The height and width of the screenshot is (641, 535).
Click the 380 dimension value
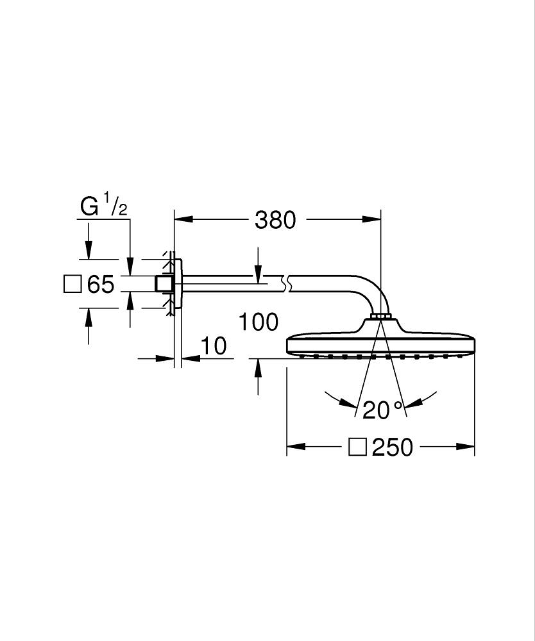pyautogui.click(x=275, y=220)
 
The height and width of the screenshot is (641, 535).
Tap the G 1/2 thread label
pyautogui.click(x=103, y=206)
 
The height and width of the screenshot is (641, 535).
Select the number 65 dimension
pyautogui.click(x=101, y=284)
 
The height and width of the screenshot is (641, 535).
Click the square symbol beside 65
pyautogui.click(x=73, y=283)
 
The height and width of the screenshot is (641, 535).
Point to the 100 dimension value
pyautogui.click(x=259, y=322)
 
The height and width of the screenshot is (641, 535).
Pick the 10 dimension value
pyautogui.click(x=214, y=346)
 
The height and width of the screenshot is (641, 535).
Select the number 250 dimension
pyautogui.click(x=393, y=447)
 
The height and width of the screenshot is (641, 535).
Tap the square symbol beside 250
pyautogui.click(x=357, y=447)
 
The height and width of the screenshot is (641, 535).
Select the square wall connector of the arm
pyautogui.click(x=165, y=284)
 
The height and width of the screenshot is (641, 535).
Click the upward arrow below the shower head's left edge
pyautogui.click(x=258, y=368)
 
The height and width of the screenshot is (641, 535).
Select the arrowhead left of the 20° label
pyautogui.click(x=350, y=404)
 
